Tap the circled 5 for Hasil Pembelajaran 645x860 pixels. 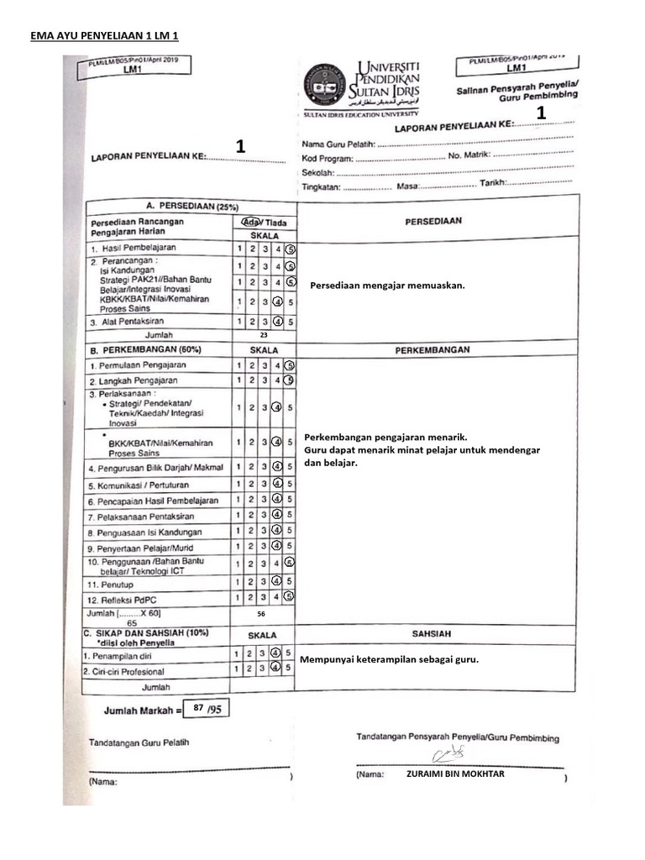(x=290, y=249)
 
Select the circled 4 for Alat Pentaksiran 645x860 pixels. (x=276, y=321)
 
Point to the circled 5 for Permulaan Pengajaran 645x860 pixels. (x=290, y=365)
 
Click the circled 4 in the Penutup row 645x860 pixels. (x=276, y=581)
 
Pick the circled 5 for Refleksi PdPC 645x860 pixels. (x=289, y=596)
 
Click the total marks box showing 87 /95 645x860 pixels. (x=206, y=709)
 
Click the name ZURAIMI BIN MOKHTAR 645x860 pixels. (x=455, y=773)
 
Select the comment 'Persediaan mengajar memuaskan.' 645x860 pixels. (x=387, y=286)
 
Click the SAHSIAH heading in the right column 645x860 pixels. (x=433, y=635)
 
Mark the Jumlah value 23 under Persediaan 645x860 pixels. (x=263, y=335)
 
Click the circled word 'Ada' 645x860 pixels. (x=249, y=222)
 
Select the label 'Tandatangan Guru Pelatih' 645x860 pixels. (x=139, y=742)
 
